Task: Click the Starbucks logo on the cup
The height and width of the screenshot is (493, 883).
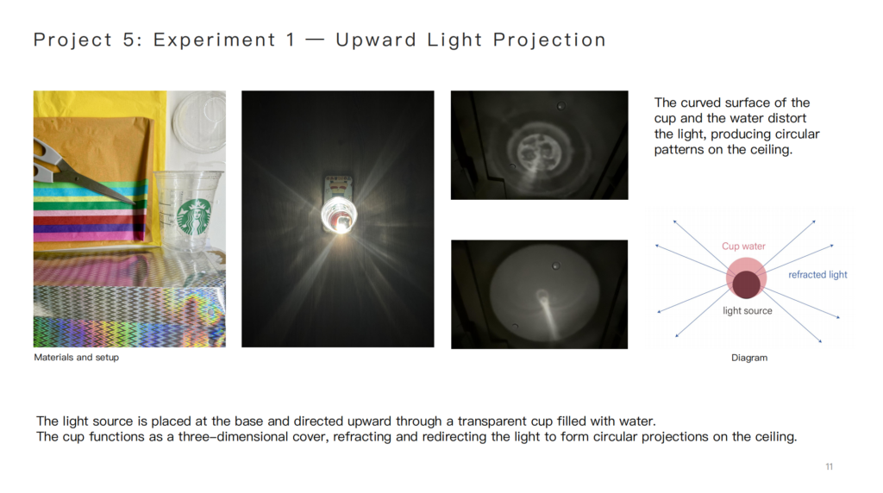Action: pyautogui.click(x=195, y=216)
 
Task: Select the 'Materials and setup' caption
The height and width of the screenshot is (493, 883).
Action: pyautogui.click(x=76, y=358)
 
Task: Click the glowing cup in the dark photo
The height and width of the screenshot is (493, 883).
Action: pyautogui.click(x=338, y=215)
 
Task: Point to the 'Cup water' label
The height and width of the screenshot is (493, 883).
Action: pyautogui.click(x=743, y=246)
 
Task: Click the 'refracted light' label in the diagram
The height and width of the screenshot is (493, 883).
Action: pyautogui.click(x=817, y=275)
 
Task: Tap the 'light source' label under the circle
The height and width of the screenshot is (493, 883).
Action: pyautogui.click(x=748, y=310)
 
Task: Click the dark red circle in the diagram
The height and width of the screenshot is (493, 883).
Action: pyautogui.click(x=746, y=284)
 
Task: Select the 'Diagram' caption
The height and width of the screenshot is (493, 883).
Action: pyautogui.click(x=749, y=358)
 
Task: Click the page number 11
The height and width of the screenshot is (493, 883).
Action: pyautogui.click(x=829, y=466)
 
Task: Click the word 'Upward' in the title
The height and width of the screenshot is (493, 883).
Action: pyautogui.click(x=376, y=40)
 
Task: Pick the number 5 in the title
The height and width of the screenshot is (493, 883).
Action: pyautogui.click(x=128, y=40)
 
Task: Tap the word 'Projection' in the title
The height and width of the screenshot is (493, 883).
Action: pyautogui.click(x=549, y=40)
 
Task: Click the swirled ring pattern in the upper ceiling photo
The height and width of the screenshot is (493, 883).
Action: pyautogui.click(x=539, y=149)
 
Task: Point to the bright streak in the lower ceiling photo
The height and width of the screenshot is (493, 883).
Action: pyautogui.click(x=549, y=317)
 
